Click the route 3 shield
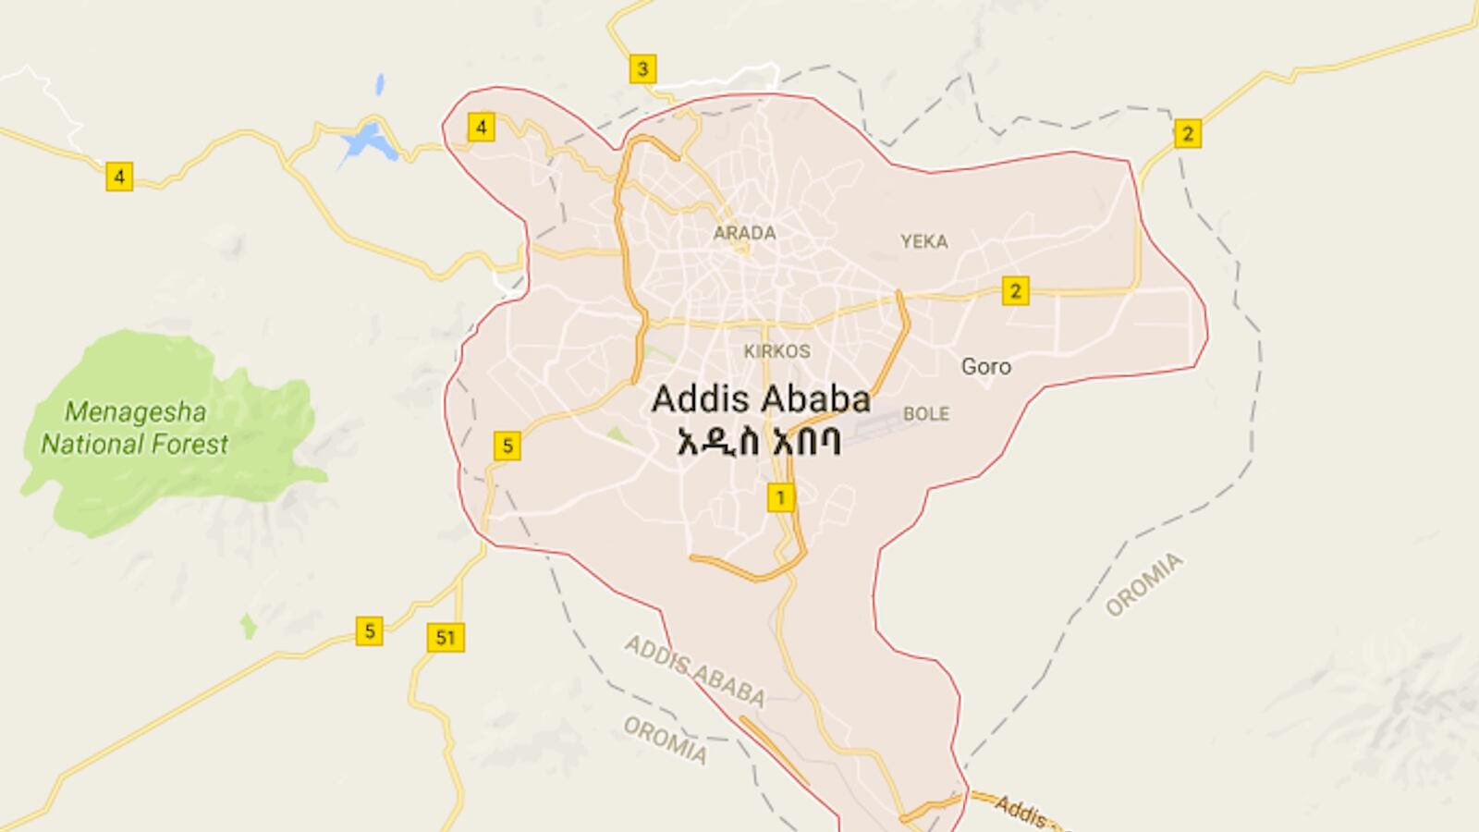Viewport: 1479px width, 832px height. (642, 68)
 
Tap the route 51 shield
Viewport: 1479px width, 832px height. (446, 637)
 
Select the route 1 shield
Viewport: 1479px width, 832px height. (780, 498)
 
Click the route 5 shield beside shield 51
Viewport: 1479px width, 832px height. (369, 631)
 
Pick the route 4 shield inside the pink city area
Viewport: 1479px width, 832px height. (481, 127)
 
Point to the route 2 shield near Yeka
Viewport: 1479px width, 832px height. (1015, 291)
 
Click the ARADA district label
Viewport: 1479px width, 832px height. (744, 233)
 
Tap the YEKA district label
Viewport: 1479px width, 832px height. (923, 242)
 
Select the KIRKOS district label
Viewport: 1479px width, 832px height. (776, 351)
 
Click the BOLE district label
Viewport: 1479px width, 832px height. (925, 414)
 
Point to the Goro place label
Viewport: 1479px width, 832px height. (985, 367)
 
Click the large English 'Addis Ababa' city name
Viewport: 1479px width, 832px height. (761, 399)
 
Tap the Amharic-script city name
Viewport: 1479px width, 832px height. (759, 442)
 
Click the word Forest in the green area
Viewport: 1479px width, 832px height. (184, 445)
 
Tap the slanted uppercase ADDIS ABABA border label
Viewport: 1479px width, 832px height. (694, 670)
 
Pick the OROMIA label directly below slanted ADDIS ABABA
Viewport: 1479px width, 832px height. (665, 740)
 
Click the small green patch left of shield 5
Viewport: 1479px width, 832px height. (248, 626)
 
